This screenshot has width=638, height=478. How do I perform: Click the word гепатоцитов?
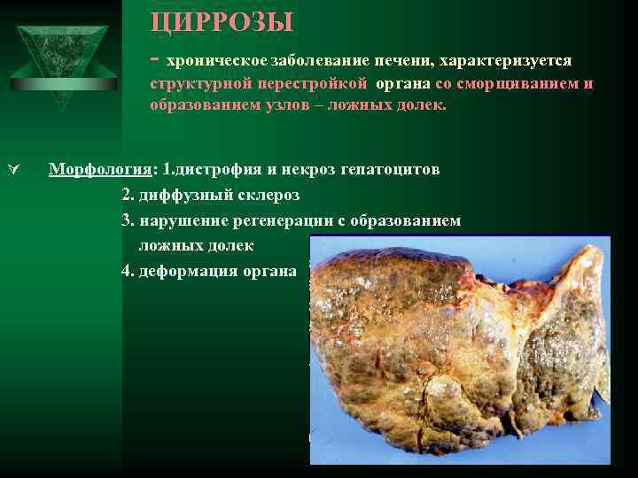(x=390, y=169)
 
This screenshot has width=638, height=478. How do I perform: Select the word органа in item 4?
(x=270, y=271)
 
